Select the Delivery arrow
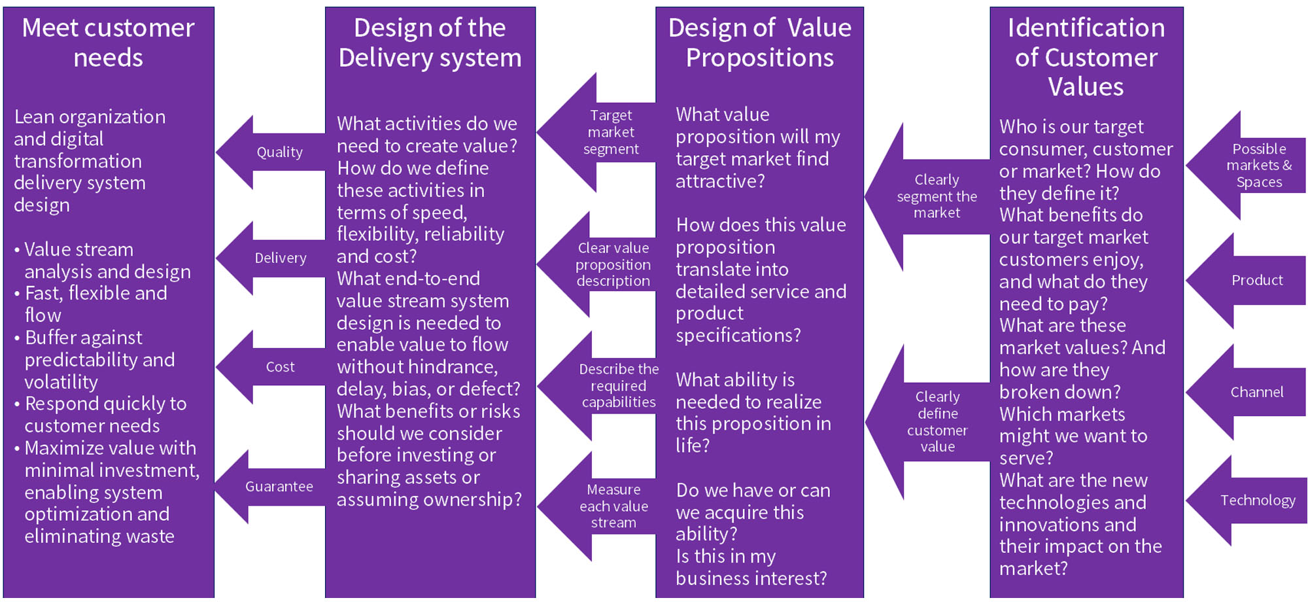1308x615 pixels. click(279, 258)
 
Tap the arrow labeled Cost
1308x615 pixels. click(279, 367)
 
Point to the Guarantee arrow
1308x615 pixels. click(278, 487)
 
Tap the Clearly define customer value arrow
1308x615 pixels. click(937, 422)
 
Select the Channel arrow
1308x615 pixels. click(1256, 393)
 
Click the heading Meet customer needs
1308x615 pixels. click(109, 43)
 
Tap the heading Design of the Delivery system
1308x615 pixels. click(430, 43)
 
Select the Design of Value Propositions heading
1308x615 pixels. click(759, 43)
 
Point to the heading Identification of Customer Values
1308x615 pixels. click(1086, 57)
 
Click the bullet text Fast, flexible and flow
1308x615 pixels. click(95, 304)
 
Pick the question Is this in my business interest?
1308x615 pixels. click(751, 567)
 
